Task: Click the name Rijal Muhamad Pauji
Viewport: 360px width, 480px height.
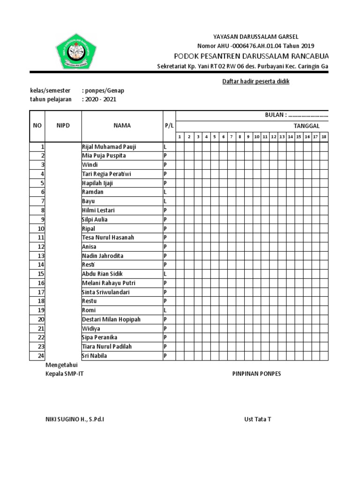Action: tap(109, 147)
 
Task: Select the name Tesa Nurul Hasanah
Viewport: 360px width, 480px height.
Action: tap(108, 238)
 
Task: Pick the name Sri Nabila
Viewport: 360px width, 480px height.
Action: tap(95, 356)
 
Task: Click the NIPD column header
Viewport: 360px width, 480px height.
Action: tap(63, 126)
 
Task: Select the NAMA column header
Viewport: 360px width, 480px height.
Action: tap(122, 126)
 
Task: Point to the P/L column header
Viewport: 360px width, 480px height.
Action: tap(169, 126)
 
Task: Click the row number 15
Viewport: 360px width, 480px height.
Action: tap(41, 274)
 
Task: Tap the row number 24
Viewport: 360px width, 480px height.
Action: tap(41, 356)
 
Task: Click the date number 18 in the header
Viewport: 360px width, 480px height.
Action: tap(323, 137)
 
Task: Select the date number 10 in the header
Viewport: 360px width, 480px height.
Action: tap(256, 137)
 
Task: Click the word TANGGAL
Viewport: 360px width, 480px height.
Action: tap(307, 126)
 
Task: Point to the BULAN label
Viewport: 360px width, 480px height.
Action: tap(275, 115)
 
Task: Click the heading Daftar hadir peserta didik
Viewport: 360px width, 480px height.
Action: tap(255, 82)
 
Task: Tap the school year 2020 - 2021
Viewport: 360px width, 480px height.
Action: tap(100, 99)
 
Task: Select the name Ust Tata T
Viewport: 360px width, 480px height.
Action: tap(257, 419)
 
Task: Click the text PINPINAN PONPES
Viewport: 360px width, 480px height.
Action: tap(257, 374)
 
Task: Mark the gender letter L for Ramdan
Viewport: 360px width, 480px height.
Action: tap(165, 192)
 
